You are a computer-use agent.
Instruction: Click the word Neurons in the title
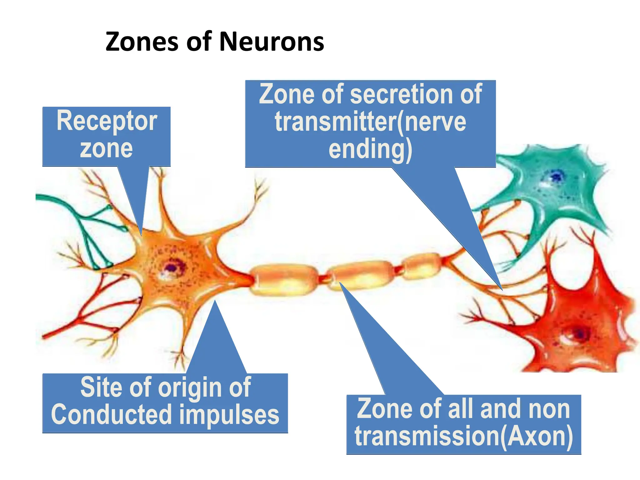coord(272,42)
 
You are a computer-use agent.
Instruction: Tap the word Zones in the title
coord(142,42)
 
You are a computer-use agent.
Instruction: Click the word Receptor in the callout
coord(107,121)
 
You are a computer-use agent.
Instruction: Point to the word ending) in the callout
coord(370,150)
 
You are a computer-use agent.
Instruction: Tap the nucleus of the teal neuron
coord(556,177)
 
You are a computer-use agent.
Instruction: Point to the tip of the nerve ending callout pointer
coord(502,290)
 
